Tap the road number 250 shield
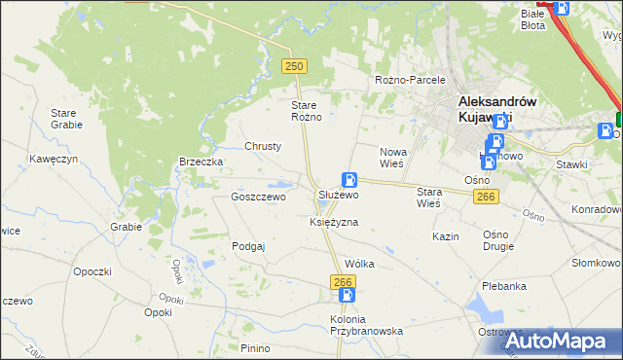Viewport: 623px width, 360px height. coord(294,65)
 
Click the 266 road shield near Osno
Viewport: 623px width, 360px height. coord(487,197)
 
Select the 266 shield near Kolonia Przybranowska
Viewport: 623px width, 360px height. coord(342,281)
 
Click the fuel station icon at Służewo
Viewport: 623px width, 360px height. coord(348,180)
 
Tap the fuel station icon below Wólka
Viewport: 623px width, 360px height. coord(347,295)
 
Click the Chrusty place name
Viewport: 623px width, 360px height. coord(263,146)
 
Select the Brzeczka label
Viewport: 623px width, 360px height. coord(202,162)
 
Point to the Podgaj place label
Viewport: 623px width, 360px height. coord(248,246)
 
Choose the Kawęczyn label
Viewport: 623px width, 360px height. coord(53,158)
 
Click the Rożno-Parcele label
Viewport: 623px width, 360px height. coord(410,80)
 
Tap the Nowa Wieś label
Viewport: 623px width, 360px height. coord(392,158)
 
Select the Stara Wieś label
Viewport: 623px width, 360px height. coord(428,198)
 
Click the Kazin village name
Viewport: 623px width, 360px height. coord(446,236)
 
